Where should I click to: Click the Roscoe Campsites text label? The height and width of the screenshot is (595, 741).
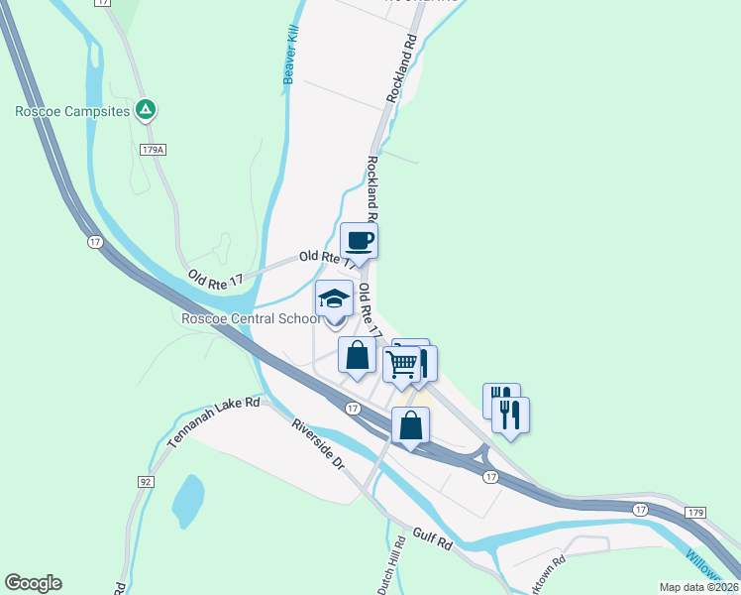[72, 111]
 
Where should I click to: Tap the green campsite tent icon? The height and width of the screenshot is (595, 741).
[146, 109]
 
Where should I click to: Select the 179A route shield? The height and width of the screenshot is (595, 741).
[152, 150]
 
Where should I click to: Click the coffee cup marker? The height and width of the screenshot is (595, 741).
[359, 240]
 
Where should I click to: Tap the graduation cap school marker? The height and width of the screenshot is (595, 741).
[334, 298]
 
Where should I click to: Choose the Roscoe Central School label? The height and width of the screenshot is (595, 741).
[251, 318]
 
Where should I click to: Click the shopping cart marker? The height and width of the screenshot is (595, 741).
[402, 365]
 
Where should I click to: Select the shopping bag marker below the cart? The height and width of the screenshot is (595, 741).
[410, 426]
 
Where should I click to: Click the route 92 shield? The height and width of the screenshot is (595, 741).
[146, 481]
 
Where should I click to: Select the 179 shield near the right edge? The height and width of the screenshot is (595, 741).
[694, 512]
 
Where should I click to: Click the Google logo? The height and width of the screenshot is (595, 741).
[33, 583]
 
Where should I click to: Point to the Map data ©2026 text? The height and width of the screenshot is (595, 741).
[698, 587]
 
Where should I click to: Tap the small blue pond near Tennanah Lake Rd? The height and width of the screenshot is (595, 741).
[188, 501]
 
